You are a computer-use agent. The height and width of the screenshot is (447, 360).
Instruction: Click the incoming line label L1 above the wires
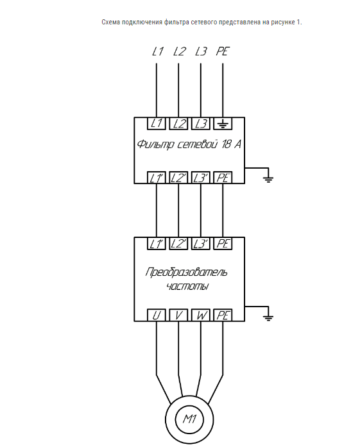(x=157, y=51)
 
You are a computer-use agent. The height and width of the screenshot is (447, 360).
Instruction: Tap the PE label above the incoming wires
(x=223, y=51)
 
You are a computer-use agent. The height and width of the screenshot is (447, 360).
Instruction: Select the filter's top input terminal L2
(x=178, y=123)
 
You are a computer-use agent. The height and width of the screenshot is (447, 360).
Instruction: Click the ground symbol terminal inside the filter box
(x=223, y=123)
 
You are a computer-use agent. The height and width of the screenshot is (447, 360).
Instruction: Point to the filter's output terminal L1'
(x=157, y=178)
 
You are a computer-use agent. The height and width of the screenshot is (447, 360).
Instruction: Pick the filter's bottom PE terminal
(x=223, y=178)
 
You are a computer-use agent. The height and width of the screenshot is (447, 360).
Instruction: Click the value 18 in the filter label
(x=226, y=144)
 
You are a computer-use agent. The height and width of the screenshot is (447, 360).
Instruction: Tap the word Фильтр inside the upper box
(x=155, y=144)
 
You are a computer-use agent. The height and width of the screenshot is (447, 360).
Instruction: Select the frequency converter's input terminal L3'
(x=201, y=244)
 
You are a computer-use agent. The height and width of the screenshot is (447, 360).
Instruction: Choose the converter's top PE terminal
(x=223, y=244)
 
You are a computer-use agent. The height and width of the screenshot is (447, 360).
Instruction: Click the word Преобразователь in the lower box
(x=187, y=272)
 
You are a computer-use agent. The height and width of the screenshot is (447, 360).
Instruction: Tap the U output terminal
(x=157, y=316)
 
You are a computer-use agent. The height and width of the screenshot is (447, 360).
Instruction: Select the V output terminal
(x=178, y=316)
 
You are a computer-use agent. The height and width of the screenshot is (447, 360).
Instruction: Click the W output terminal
(x=201, y=316)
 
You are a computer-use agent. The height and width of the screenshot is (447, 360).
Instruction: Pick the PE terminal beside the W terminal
(x=223, y=316)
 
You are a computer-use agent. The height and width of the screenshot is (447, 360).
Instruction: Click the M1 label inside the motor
(x=189, y=419)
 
